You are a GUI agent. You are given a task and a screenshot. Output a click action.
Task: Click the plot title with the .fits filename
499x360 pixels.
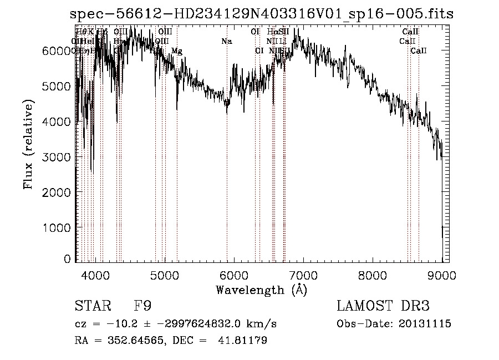click(x=261, y=14)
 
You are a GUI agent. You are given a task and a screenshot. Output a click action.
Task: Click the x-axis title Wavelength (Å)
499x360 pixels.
click(x=261, y=290)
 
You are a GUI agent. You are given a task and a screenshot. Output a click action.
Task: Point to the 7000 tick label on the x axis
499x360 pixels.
click(x=303, y=275)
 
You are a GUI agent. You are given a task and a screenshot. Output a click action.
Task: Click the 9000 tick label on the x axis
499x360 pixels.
click(x=442, y=275)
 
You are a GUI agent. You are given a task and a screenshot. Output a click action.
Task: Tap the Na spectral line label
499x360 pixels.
click(x=226, y=41)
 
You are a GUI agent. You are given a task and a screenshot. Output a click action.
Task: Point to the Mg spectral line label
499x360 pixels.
click(x=176, y=51)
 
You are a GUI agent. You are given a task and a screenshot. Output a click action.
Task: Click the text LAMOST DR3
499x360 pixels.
click(x=383, y=306)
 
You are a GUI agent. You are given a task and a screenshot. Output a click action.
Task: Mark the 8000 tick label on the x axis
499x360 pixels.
click(x=373, y=275)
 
